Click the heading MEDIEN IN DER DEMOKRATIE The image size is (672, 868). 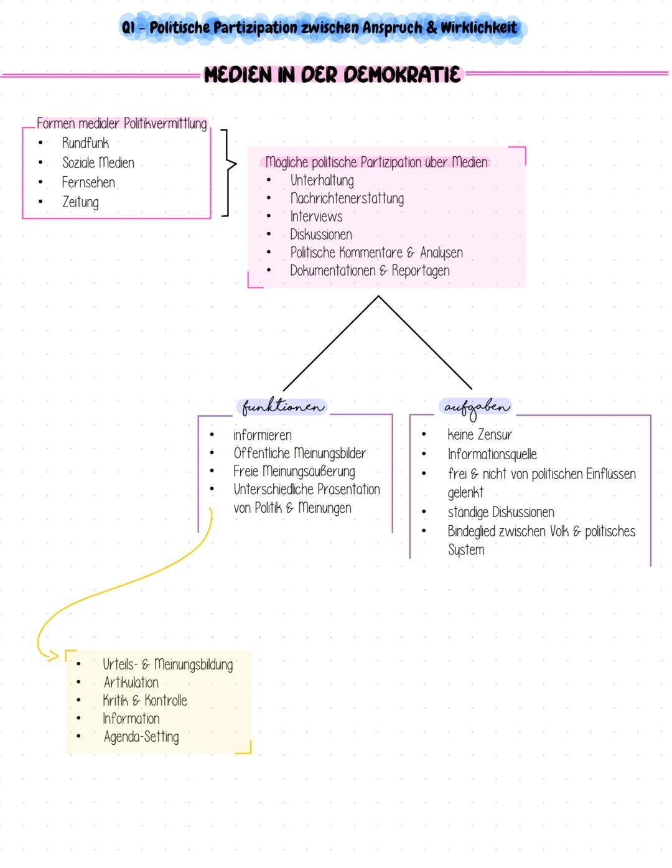tap(333, 75)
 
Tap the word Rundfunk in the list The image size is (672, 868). tap(85, 143)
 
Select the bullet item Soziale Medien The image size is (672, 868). tap(98, 163)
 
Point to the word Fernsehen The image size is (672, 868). tap(88, 182)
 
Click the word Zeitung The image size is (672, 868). tap(80, 202)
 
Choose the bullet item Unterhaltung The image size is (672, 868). tap(322, 180)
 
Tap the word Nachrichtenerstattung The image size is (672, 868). tap(347, 198)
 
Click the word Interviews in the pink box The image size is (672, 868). tap(316, 217)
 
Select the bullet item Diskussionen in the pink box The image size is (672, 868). tap(320, 235)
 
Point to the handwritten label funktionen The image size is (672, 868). tap(283, 407)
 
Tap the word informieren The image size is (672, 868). tap(262, 435)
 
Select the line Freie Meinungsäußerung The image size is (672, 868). tap(294, 472)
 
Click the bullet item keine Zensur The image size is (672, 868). tap(479, 434)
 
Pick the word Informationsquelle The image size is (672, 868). tap(492, 454)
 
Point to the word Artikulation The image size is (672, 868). tap(131, 683)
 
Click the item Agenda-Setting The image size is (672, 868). tap(141, 737)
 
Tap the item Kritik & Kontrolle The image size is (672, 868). tap(144, 701)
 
